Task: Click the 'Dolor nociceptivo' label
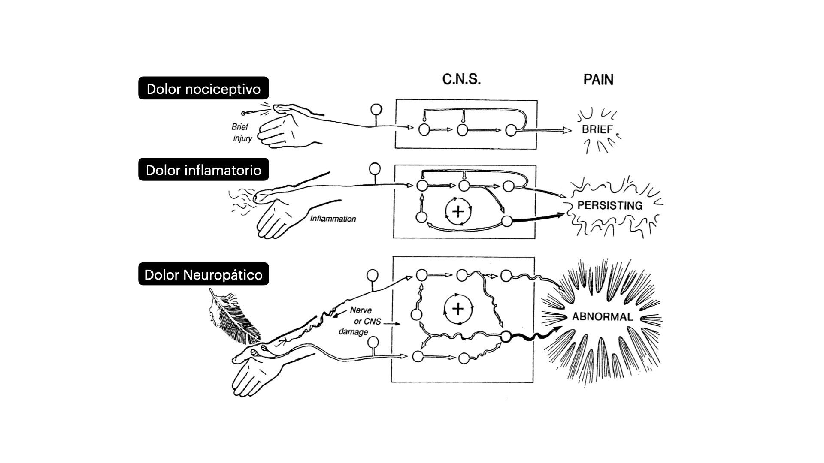pos(203,89)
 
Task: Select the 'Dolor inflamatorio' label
pos(203,170)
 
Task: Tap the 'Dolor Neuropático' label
pos(203,274)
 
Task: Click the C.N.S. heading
pos(461,79)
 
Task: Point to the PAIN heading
pos(598,79)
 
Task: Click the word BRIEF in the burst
pos(597,129)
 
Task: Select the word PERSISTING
pos(610,205)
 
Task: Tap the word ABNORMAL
pos(602,317)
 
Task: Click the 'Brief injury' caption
pos(241,132)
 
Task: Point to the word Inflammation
pos(333,219)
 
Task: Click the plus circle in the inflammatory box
pos(458,211)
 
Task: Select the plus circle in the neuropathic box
pos(458,309)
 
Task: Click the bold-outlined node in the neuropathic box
pos(506,337)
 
